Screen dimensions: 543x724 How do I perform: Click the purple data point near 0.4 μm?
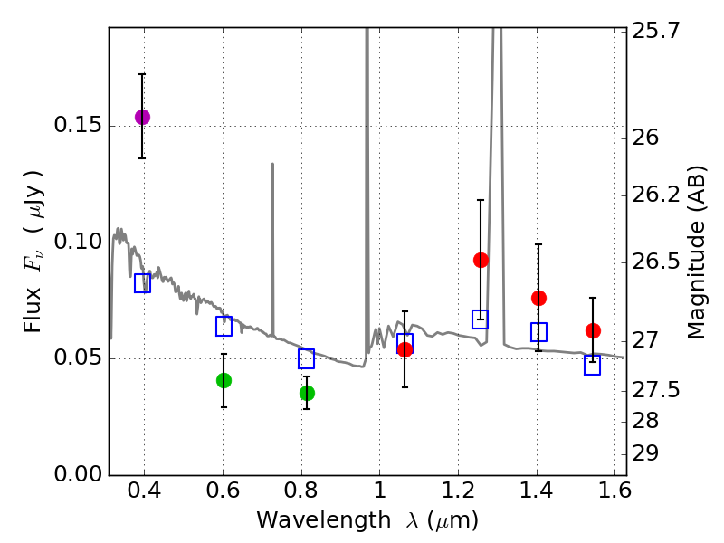point(142,117)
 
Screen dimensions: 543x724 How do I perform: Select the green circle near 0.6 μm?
point(224,380)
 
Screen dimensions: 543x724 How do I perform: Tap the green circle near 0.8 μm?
point(307,393)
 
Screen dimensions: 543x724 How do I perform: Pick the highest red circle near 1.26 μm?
point(481,260)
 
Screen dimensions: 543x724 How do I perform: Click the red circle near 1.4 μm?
point(538,298)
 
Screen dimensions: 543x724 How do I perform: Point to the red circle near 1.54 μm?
point(593,330)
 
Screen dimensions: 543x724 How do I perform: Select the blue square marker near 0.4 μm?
point(142,283)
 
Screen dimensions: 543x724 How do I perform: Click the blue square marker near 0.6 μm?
point(224,327)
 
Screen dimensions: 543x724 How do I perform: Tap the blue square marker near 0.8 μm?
point(307,359)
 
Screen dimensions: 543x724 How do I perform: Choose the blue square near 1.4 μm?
point(538,332)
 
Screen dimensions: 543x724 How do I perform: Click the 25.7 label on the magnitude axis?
point(655,31)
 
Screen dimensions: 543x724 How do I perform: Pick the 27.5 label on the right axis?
point(655,390)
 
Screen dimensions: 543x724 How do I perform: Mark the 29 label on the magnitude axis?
point(647,453)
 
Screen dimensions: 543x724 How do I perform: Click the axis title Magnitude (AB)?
point(697,252)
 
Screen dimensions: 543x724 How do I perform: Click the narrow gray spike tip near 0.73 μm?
point(272,165)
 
